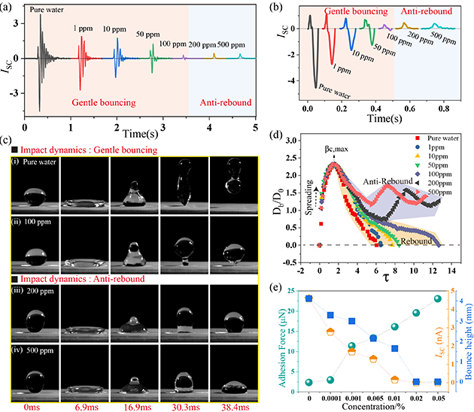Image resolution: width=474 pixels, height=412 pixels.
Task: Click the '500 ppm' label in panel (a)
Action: (x=240, y=46)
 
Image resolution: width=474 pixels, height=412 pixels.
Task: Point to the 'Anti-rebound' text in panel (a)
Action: (x=222, y=102)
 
